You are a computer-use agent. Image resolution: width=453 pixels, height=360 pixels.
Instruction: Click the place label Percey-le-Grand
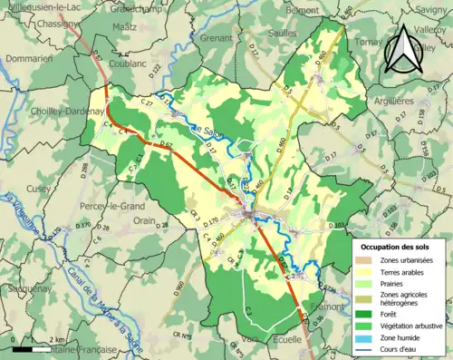point(108,206)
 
